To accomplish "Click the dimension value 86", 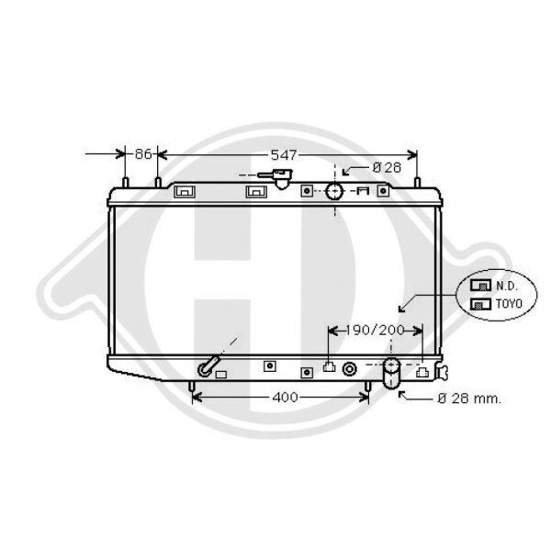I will [x=142, y=155].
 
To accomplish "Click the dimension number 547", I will [x=286, y=155].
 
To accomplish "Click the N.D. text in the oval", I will [x=507, y=286].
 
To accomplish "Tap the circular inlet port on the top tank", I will [x=334, y=192].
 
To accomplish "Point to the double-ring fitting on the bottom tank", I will [x=350, y=370].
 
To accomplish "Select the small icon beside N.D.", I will [x=479, y=286].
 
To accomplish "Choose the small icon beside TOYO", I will [x=479, y=302].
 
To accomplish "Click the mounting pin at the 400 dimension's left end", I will [x=191, y=392].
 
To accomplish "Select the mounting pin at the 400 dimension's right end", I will [x=369, y=392].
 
